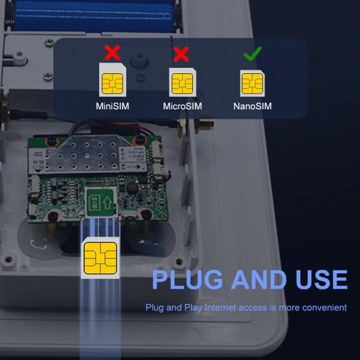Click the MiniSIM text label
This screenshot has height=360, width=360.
point(112,107)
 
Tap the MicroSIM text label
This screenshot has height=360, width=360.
point(182,107)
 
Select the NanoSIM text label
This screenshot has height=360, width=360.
point(252,107)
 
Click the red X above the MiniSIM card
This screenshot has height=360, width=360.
point(112,53)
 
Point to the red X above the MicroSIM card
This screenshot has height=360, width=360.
point(181,54)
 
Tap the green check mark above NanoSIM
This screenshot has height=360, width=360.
point(252,54)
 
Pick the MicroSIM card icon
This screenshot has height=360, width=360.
point(182,82)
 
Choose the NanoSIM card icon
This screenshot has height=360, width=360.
point(252,83)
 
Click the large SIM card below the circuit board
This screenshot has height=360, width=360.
point(100,259)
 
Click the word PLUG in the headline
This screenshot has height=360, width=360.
point(187,279)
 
